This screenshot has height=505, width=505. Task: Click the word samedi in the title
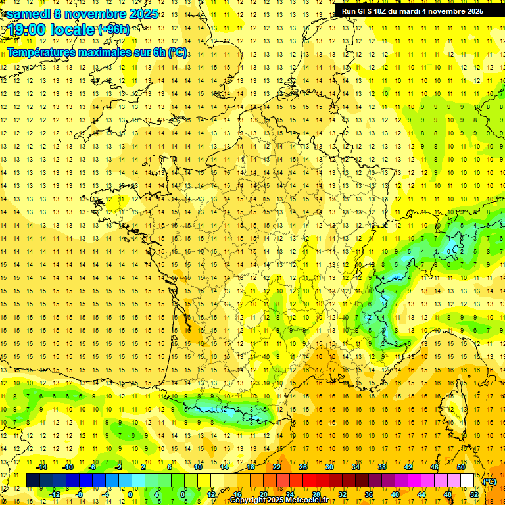pos(30,14)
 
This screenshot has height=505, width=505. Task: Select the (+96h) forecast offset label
pos(113,29)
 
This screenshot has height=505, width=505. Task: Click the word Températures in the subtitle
pos(45,53)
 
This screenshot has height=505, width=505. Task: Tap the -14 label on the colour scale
pos(41,466)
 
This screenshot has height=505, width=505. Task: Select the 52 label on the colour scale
pos(474,494)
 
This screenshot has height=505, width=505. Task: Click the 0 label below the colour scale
pos(130,494)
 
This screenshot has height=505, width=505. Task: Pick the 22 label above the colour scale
pos(277,466)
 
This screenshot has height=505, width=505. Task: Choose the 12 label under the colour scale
pos(211,494)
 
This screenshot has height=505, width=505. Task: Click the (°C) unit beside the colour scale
pos(490,481)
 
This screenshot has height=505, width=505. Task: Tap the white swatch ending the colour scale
pos(468,481)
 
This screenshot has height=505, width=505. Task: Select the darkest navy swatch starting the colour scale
pos(33,481)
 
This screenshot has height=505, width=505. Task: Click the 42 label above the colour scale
pos(408,466)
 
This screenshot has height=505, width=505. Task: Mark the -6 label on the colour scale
pos(93,466)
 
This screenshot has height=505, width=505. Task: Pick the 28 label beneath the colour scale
pos(316,494)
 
